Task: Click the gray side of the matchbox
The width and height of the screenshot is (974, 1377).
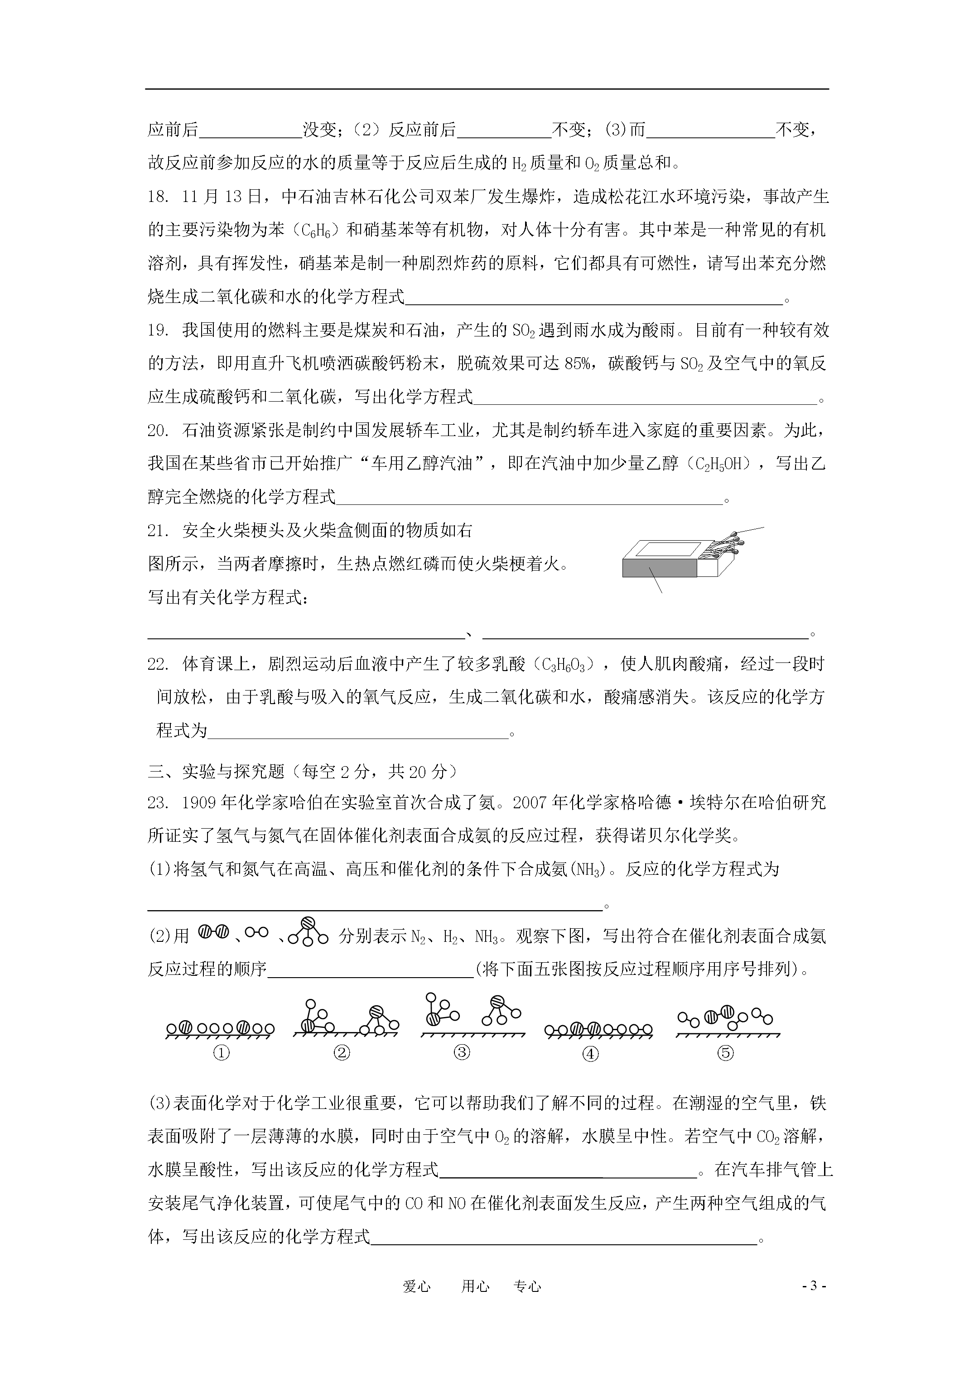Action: click(659, 567)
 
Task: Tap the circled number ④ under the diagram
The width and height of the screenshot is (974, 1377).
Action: click(591, 1054)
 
